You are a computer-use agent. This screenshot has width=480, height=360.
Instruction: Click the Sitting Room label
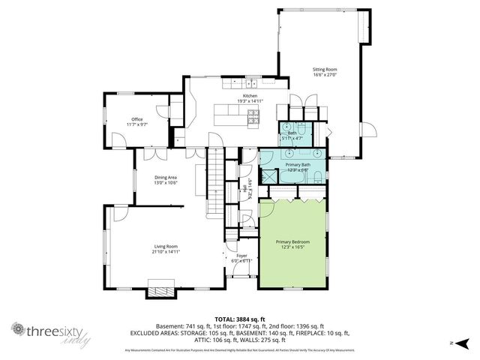[325, 70]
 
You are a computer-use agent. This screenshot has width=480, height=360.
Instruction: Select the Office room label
[136, 119]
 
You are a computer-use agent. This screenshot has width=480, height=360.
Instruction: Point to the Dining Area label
[166, 177]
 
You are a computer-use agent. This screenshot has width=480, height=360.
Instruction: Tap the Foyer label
[241, 256]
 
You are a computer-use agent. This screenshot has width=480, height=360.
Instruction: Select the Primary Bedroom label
[292, 241]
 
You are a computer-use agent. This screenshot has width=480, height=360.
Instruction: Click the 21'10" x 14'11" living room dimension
[166, 252]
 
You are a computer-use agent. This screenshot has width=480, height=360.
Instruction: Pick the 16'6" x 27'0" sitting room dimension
[325, 75]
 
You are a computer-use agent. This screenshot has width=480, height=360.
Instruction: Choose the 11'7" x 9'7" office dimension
[136, 124]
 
